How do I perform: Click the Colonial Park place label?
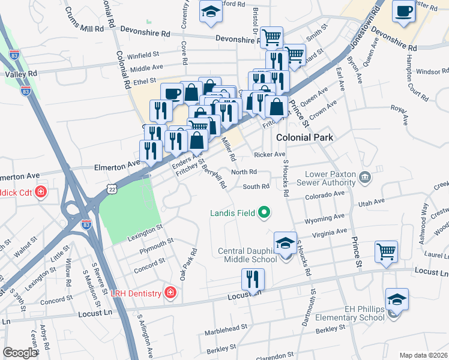[x=304, y=137]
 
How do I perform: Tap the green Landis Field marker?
[x=264, y=212]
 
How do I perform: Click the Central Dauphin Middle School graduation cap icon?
[x=285, y=243]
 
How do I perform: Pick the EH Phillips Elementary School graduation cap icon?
[x=397, y=299]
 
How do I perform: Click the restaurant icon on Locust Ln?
[x=253, y=279]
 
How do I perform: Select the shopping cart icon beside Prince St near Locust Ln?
[x=386, y=251]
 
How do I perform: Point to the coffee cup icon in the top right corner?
[x=403, y=11]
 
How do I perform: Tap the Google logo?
[x=19, y=353]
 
